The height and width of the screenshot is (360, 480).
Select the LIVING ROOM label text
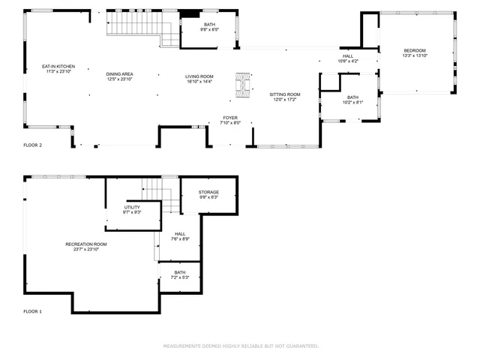point(199,79)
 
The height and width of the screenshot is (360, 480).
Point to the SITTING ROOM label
point(284,97)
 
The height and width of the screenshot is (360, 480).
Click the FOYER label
point(230,120)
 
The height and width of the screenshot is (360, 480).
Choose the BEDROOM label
point(415,52)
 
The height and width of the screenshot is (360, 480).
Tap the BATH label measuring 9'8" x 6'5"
point(210,28)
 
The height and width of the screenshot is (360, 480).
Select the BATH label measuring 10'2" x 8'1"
point(352,100)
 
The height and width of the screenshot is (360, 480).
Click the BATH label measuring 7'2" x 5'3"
point(180,275)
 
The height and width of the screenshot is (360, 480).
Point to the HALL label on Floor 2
point(348,58)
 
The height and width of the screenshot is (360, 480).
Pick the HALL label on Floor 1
point(180,236)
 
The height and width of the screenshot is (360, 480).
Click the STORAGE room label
point(208,195)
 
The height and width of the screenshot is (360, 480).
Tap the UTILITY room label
point(132,210)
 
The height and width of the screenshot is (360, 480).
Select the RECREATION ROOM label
point(86,247)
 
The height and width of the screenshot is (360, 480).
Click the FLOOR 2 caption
point(32,144)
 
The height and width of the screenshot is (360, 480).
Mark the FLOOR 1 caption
point(32,310)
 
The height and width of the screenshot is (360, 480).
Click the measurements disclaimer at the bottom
point(241,346)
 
